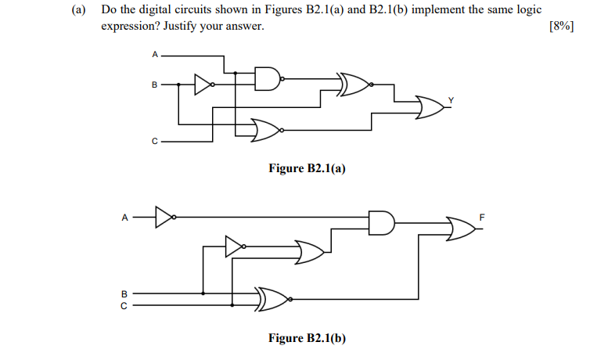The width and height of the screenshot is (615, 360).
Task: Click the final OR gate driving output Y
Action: (x=430, y=108)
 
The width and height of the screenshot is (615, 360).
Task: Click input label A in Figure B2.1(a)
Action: (x=155, y=55)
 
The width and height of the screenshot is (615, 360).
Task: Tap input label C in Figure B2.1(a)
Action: (x=155, y=142)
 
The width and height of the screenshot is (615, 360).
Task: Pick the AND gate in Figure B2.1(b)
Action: (x=380, y=222)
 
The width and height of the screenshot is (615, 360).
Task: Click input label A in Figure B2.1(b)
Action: (x=124, y=218)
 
